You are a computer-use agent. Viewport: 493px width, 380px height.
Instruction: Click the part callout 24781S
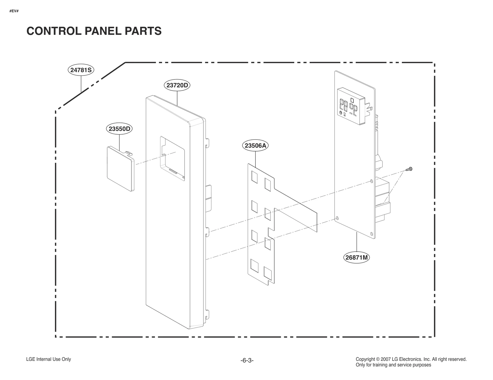point(81,70)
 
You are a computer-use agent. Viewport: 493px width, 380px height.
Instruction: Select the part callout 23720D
point(177,85)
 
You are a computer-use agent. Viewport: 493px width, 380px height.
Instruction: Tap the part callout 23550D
point(119,129)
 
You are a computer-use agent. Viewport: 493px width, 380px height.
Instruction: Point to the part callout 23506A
point(255,145)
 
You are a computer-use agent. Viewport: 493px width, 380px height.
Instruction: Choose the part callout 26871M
point(357,257)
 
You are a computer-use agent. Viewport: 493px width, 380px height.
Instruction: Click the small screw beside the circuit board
point(409,169)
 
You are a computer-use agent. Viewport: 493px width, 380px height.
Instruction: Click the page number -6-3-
point(247,360)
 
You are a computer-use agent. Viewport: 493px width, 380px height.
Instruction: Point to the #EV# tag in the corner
point(14,11)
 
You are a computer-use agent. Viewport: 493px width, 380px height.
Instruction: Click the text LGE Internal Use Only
point(49,359)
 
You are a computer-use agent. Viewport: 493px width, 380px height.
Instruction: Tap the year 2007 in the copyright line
point(386,359)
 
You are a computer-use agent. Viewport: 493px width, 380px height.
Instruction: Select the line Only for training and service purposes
point(393,365)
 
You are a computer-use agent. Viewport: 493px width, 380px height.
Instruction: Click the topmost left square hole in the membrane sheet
point(255,177)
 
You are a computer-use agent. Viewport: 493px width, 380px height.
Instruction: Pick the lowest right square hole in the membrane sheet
point(268,272)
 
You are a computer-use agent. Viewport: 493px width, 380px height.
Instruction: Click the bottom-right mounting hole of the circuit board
point(372,234)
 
